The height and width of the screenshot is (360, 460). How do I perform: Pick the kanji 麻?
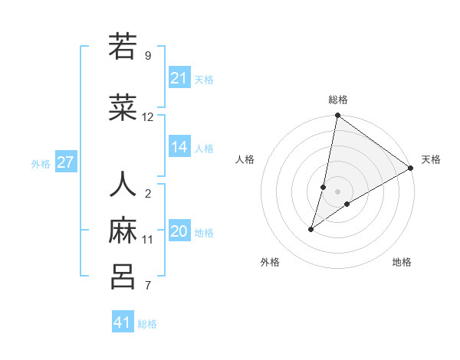coord(123,231)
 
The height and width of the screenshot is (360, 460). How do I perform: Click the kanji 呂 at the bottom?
coord(123,276)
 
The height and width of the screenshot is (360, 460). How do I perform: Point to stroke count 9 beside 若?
coord(148,55)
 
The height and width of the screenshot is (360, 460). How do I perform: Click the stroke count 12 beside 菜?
coord(148,117)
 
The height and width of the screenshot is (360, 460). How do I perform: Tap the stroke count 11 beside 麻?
coord(148,239)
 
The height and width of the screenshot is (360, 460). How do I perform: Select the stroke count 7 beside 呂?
coord(148,286)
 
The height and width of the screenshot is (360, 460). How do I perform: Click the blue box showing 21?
coord(179,78)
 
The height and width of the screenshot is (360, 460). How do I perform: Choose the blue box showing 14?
coord(179,147)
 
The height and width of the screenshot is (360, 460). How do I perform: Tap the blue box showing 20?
coord(179,231)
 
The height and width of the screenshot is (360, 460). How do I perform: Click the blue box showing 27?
coord(66,162)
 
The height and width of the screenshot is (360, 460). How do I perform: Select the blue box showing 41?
coord(123,322)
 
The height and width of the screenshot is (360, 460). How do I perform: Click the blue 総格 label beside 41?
coord(147,324)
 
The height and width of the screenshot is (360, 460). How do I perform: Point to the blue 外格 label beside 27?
coord(41,164)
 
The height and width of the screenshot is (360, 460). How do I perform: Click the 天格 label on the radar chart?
coord(431,159)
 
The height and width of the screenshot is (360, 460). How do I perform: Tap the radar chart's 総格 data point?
coord(337,116)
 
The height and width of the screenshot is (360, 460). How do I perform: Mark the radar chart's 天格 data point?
coord(411,169)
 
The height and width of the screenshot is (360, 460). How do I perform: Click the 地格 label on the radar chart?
coord(402,262)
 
